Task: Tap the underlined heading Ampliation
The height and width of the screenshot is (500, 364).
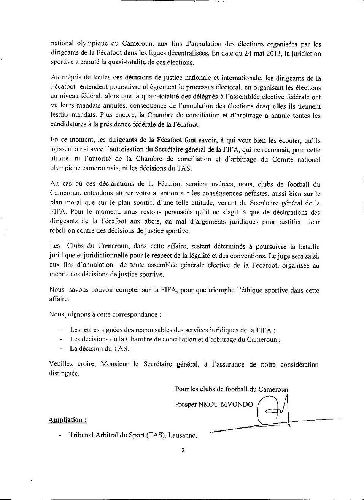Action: [x=67, y=420]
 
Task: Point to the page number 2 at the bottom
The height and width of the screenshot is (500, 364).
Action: [x=183, y=451]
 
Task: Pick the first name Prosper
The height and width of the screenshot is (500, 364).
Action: [x=186, y=405]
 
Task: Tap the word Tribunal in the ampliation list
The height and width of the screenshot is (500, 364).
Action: [x=81, y=435]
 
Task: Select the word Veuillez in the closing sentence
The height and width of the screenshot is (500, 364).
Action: [x=61, y=364]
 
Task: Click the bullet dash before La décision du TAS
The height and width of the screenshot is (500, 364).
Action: [x=61, y=349]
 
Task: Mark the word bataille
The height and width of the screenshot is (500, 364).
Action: [x=306, y=247]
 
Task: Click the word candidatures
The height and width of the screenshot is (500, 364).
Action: [x=69, y=124]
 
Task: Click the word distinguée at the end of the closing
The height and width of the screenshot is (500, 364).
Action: [x=64, y=373]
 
